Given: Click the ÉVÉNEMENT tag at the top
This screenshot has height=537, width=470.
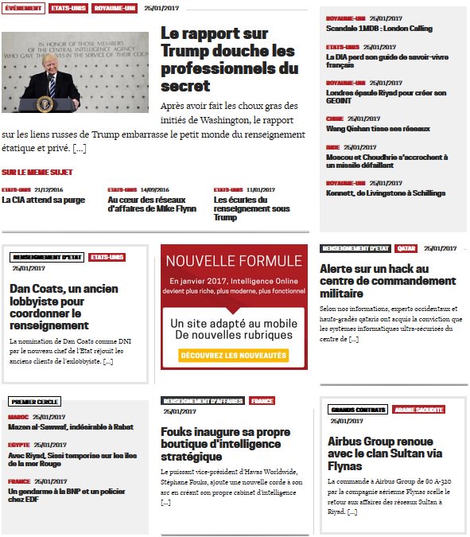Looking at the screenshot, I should (23, 8).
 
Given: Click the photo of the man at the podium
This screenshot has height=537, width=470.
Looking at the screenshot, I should (75, 72).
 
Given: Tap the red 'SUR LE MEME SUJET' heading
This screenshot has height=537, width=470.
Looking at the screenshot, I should (37, 172).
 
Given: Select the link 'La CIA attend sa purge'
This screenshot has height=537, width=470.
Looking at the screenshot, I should (43, 200).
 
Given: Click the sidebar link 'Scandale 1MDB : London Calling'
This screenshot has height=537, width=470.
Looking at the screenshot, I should (379, 29).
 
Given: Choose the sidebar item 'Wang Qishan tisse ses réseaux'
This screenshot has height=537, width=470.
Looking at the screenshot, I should (378, 129).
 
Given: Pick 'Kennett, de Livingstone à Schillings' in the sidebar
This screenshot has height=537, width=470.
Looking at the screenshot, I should (386, 193).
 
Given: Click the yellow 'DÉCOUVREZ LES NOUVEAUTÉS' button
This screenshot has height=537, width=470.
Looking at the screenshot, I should (233, 355).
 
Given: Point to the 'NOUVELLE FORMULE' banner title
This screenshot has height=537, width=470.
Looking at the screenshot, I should (234, 261).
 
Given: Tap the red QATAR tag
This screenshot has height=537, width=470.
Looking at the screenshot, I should (406, 249).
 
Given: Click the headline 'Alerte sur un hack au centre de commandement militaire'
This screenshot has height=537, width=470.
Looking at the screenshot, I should (387, 281).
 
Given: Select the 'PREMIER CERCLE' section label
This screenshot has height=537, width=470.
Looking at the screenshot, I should (35, 402).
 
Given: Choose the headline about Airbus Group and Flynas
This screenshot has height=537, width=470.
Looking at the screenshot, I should (380, 453).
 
